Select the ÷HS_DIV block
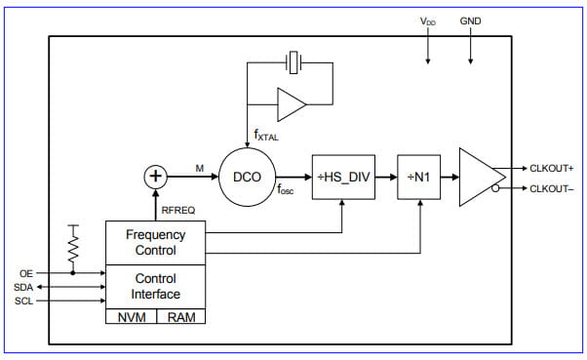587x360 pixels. coord(343,177)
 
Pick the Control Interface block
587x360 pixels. coord(155,286)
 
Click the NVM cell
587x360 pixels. coord(132,317)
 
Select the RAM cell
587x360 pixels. coord(181,317)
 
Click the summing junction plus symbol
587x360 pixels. coord(155,177)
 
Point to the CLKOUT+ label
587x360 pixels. coord(551,168)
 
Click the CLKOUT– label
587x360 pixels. coord(551,188)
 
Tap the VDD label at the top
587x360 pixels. coord(427,21)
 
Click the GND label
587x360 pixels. coord(470,20)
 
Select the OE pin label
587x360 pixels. coord(26,272)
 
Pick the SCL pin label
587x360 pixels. coord(23,301)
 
